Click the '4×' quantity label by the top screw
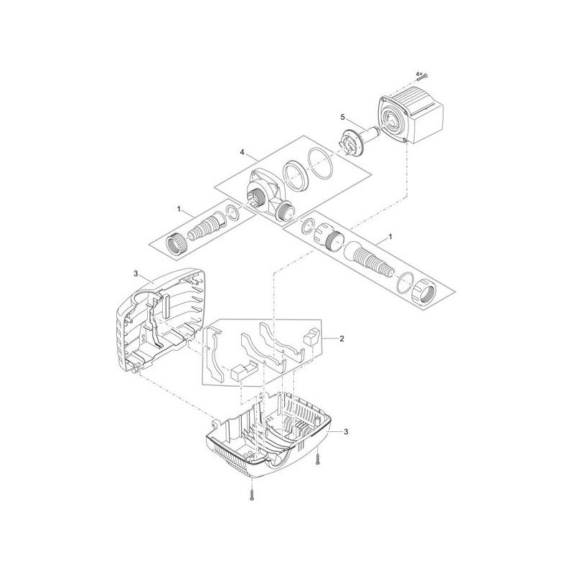pyautogui.click(x=418, y=73)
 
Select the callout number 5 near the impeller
pyautogui.click(x=343, y=117)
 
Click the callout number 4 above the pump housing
pyautogui.click(x=243, y=152)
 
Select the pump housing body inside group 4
pyautogui.click(x=262, y=189)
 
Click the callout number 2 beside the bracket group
pyautogui.click(x=342, y=337)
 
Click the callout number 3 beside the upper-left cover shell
pyautogui.click(x=136, y=275)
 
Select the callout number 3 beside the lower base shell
pyautogui.click(x=346, y=431)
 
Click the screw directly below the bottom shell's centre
pyautogui.click(x=253, y=494)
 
